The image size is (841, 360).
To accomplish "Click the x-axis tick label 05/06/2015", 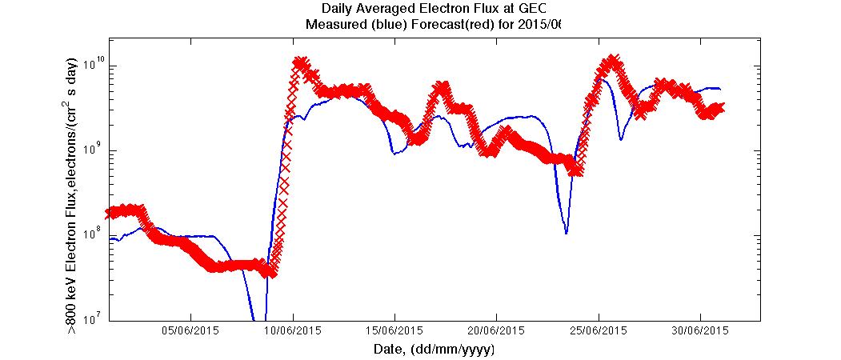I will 191,330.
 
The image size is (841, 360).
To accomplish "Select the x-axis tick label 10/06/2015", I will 293,330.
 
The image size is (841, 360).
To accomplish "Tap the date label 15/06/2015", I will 394,330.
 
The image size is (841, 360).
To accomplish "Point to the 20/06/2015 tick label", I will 496,330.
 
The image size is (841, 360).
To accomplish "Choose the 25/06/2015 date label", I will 598,330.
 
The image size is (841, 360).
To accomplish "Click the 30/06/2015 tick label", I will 699,330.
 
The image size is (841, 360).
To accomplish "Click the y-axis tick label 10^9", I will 95,150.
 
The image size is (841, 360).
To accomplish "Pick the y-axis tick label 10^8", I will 95,234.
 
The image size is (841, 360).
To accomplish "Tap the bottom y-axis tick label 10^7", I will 95,319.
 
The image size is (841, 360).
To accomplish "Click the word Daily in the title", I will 336,10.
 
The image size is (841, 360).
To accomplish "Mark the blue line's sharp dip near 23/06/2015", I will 566,233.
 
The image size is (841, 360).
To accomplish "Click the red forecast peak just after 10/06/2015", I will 300,62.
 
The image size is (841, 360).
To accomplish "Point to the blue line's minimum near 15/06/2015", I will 394,153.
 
